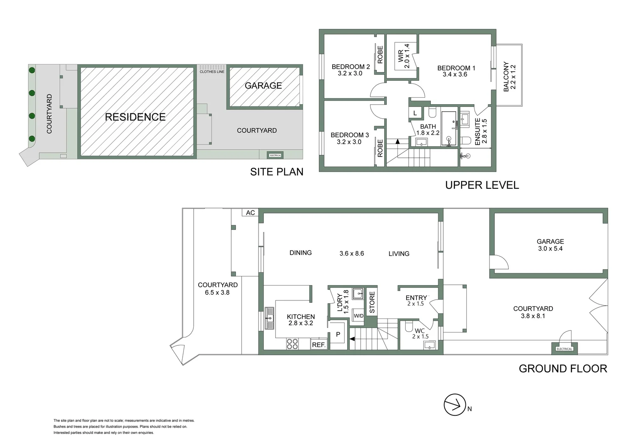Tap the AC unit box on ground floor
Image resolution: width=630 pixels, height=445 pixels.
(250, 213)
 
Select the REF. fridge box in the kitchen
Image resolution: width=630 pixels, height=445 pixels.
(319, 345)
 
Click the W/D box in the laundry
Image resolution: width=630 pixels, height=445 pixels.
(359, 316)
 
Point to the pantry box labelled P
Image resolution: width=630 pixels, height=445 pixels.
(339, 335)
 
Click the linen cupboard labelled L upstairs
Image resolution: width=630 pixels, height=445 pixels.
(415, 113)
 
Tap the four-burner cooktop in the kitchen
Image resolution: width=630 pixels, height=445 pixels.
(292, 344)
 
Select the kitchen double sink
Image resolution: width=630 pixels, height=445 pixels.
(270, 318)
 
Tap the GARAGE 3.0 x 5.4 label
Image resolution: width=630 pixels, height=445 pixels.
(550, 245)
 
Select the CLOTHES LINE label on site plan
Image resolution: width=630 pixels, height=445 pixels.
(212, 72)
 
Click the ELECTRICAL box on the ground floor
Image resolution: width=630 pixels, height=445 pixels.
(564, 349)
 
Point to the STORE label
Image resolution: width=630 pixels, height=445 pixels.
(372, 302)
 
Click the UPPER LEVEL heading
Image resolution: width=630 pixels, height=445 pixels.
(482, 185)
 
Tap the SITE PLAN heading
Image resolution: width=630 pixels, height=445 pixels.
(276, 172)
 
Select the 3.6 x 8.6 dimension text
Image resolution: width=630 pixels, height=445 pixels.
(351, 253)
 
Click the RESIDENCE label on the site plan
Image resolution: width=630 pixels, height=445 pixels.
(135, 117)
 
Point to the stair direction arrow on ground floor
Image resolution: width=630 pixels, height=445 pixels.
(352, 339)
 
